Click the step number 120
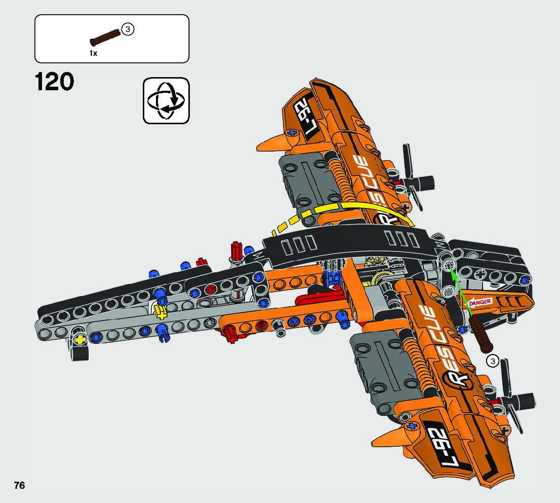pyautogui.click(x=55, y=82)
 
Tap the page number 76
pyautogui.click(x=19, y=485)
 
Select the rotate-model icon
pyautogui.click(x=166, y=100)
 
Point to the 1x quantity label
pyautogui.click(x=93, y=53)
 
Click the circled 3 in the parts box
pyautogui.click(x=128, y=29)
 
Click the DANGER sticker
pyautogui.click(x=480, y=303)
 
